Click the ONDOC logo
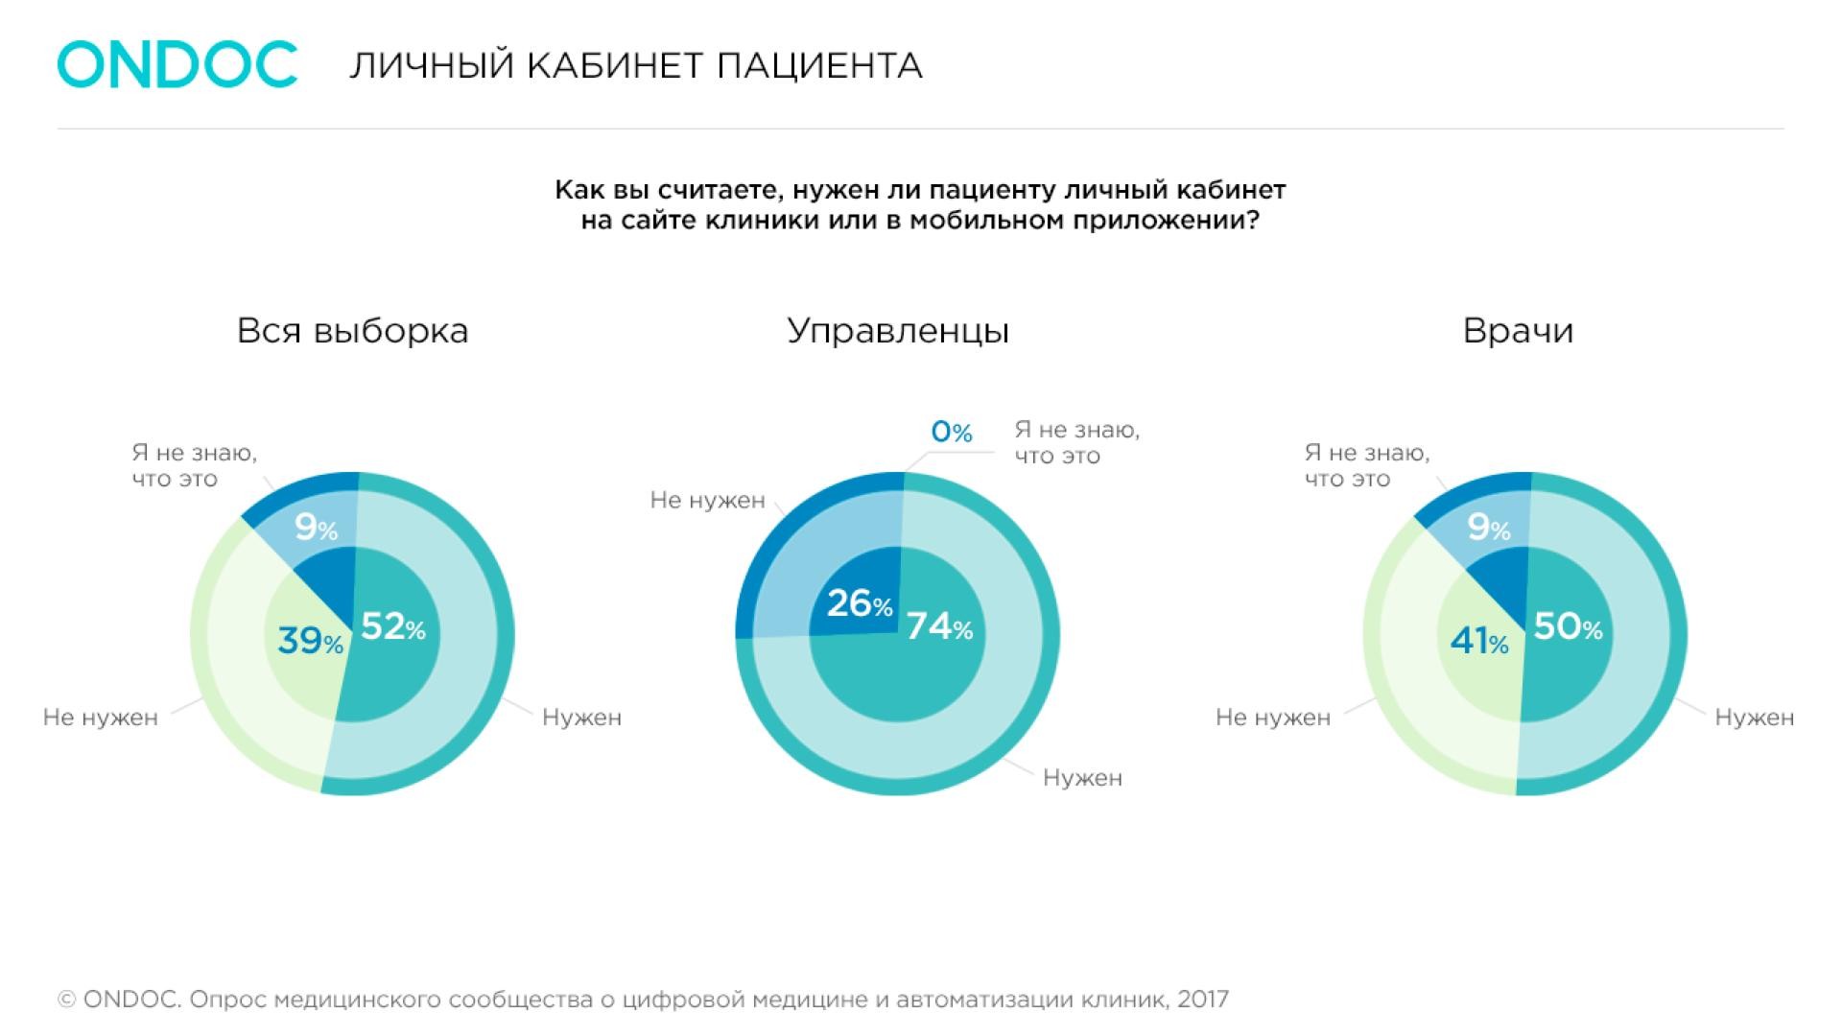[177, 65]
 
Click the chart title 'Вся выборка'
[352, 331]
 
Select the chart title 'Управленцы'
[898, 331]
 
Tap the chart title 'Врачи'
[1518, 331]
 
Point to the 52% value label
[393, 627]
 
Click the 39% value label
[310, 641]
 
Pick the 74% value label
[940, 627]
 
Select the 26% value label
[860, 603]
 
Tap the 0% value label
[952, 433]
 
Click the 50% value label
[1568, 627]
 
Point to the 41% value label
[1479, 641]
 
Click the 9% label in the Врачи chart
[1489, 527]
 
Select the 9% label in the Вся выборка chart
[316, 527]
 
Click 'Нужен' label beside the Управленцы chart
[1082, 778]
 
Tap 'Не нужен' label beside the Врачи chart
[1272, 718]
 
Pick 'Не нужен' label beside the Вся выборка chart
[100, 718]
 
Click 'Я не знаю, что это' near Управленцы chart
[1076, 442]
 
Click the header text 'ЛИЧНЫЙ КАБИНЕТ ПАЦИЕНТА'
[635, 66]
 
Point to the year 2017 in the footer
[1202, 1000]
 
